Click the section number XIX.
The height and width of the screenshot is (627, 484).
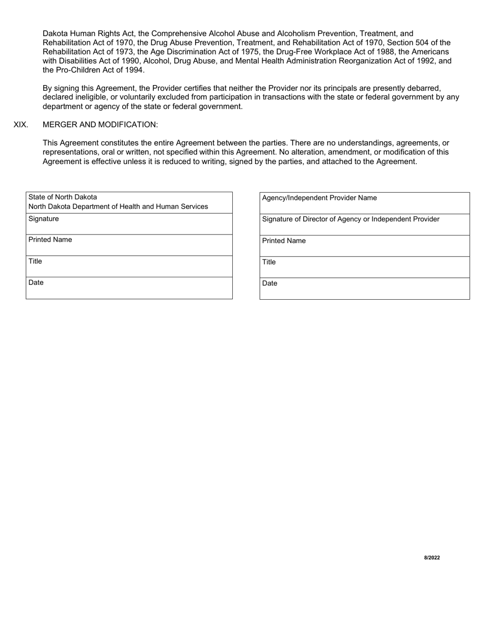point(21,124)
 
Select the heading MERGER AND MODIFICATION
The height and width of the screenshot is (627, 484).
point(100,124)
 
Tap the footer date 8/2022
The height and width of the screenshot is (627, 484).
point(432,558)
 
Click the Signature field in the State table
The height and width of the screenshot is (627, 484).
point(129,224)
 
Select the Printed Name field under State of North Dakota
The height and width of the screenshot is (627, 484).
point(129,245)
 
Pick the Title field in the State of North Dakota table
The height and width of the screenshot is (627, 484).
point(129,267)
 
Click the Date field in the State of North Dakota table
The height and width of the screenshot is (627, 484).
point(129,288)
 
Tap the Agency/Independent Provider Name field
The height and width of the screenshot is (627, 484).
point(364,203)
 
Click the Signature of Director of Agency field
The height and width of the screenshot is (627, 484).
point(364,225)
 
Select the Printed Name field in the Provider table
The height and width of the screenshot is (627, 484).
point(364,246)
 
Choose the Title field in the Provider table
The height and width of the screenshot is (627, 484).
point(364,267)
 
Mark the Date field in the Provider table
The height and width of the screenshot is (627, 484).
point(364,289)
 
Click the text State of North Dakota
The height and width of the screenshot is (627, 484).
point(63,197)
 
